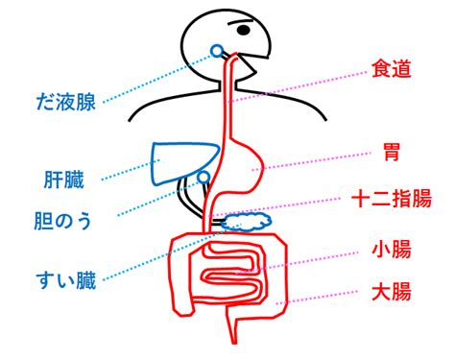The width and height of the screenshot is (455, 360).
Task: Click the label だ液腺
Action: (x=66, y=102)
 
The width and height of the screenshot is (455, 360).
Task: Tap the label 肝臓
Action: (x=64, y=180)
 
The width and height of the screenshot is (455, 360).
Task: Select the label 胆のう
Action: (x=62, y=221)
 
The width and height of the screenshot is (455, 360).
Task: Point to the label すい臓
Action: (x=66, y=280)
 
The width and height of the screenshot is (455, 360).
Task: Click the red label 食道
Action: (x=392, y=69)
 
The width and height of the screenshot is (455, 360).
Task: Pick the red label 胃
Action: (x=392, y=153)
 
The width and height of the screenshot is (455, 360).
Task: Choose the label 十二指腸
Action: (x=392, y=199)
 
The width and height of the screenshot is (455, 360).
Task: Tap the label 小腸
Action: (x=392, y=250)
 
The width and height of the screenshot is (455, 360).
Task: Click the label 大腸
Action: (x=392, y=291)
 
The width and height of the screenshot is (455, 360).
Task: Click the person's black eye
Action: (x=244, y=30)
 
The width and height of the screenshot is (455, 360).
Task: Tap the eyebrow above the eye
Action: (x=240, y=22)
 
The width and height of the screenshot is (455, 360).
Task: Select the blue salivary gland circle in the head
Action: (x=217, y=51)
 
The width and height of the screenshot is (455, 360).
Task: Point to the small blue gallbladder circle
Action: (x=204, y=178)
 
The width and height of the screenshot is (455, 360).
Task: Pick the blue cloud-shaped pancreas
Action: (x=247, y=222)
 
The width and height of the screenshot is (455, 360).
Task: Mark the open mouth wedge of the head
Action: (x=252, y=65)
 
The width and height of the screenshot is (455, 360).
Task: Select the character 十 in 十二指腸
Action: (x=361, y=199)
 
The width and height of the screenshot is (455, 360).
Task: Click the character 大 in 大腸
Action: (x=381, y=291)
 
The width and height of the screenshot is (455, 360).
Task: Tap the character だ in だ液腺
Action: (x=45, y=102)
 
